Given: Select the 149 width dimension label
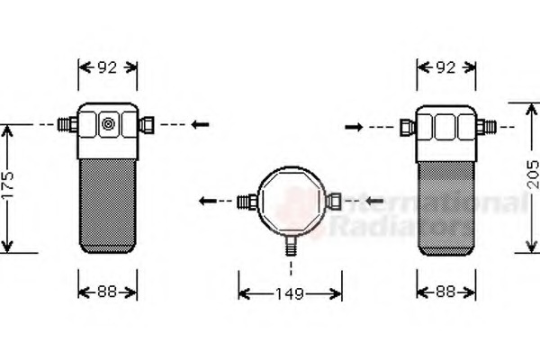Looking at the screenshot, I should [x=290, y=293].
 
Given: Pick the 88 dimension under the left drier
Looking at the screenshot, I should [x=108, y=292].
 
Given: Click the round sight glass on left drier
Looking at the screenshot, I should [x=108, y=125].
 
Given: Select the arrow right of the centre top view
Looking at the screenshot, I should [x=373, y=198].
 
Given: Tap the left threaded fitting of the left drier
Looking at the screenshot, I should [x=67, y=124].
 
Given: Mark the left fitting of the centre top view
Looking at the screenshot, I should [x=243, y=201].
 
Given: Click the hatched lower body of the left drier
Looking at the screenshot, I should [x=108, y=202].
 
